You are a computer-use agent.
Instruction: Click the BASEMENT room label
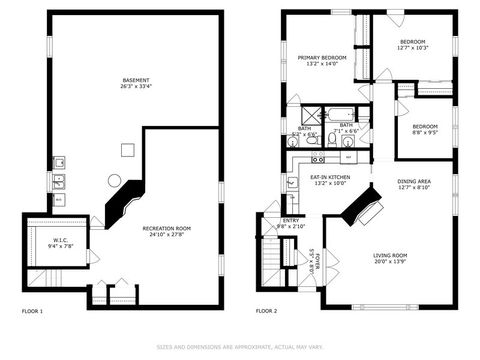click(x=137, y=79)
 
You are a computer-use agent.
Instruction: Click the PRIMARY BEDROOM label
click(x=322, y=58)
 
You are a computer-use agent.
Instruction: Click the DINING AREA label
click(x=414, y=181)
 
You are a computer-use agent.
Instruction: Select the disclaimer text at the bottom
click(x=240, y=348)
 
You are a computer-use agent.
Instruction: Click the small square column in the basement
click(x=127, y=150)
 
